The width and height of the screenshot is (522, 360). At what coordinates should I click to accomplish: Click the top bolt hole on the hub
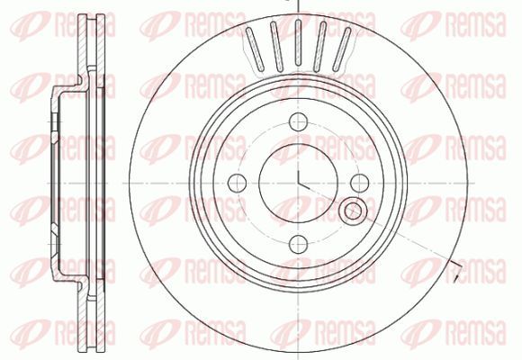point(298,121)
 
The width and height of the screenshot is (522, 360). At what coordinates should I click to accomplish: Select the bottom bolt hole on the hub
point(298,244)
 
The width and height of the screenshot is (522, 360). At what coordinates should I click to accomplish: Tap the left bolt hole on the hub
point(237,183)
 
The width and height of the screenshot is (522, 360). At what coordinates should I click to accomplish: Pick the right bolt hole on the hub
point(359,183)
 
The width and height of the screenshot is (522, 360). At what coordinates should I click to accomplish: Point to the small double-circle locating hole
point(353,211)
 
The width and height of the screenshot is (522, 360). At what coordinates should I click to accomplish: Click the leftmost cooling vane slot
point(255,49)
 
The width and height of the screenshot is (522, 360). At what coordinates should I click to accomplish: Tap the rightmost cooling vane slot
point(342,49)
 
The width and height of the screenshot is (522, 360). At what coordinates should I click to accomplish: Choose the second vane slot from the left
point(276,46)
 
